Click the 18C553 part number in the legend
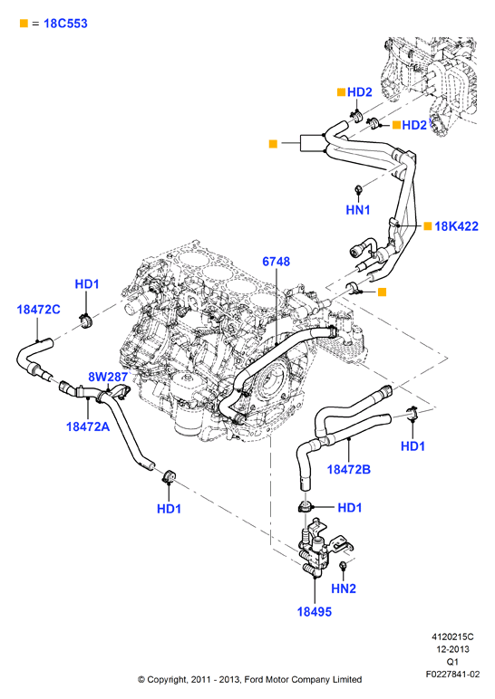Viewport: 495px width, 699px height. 65,24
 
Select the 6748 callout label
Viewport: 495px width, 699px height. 277,262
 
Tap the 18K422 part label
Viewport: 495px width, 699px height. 456,226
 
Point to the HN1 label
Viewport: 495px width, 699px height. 358,209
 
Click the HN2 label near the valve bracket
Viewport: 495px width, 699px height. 344,589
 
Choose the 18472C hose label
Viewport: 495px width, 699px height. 38,310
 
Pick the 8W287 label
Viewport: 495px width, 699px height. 108,378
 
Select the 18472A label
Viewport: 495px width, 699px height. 88,426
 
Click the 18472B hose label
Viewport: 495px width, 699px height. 349,469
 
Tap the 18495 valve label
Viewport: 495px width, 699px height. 315,612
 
